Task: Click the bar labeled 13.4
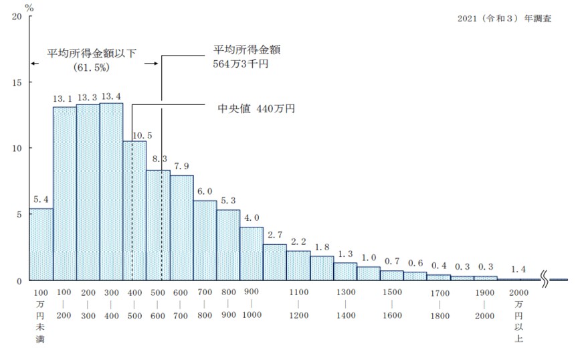[x=111, y=191]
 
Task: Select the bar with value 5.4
[x=41, y=244]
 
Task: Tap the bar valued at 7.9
[x=181, y=228]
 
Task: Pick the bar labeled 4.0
[x=252, y=254]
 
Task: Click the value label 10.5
[x=142, y=135]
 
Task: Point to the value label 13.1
[x=64, y=98]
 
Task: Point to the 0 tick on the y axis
[x=19, y=281]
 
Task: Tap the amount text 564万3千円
[x=240, y=64]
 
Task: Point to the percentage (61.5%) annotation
[x=92, y=68]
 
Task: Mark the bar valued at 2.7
[x=275, y=262]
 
